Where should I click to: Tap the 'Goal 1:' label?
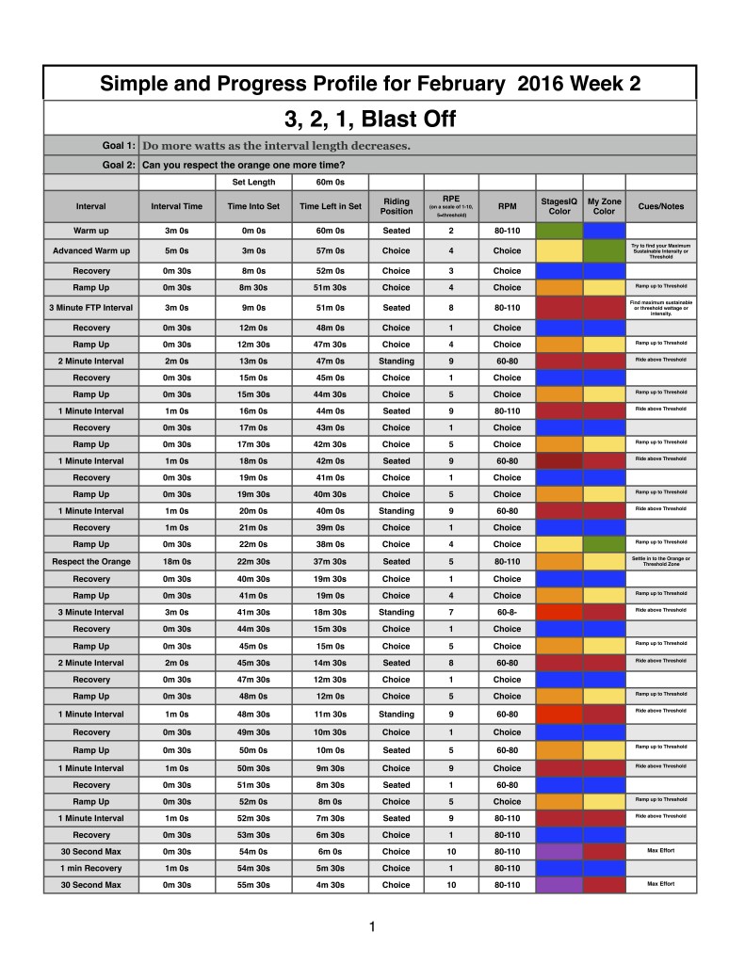pos(118,146)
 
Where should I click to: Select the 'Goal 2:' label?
pos(118,165)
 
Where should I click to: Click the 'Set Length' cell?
pos(254,183)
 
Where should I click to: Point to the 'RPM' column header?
pos(507,205)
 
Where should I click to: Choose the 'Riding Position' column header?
pos(396,205)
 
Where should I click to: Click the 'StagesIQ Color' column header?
pos(559,205)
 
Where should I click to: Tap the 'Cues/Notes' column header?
pos(660,205)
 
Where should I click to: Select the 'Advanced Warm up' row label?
pos(91,251)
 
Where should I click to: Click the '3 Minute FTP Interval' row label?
pos(91,308)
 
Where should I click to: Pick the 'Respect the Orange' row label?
pos(91,562)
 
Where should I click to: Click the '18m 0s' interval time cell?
pos(176,562)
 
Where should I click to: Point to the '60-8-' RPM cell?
pos(507,612)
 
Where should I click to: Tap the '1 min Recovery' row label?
pos(91,868)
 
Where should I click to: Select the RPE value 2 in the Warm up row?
pos(451,231)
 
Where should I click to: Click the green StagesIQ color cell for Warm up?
pos(559,231)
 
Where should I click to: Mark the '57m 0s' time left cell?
pos(330,251)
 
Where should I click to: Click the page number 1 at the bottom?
pos(372,927)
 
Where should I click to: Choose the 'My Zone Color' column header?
pos(604,205)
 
